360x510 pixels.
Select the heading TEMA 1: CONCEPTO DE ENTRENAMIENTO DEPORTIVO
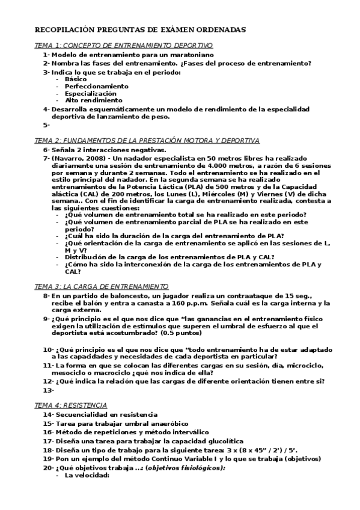click(x=124, y=45)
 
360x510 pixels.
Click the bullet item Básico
click(x=76, y=79)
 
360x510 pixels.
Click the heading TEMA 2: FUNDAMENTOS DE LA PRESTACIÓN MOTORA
click(x=147, y=140)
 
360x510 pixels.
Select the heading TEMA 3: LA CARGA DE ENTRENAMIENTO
click(x=102, y=286)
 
